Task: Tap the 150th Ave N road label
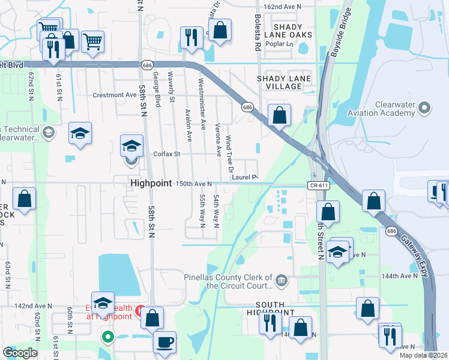click(194, 184)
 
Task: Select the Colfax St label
click(169, 154)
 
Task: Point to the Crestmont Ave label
click(114, 95)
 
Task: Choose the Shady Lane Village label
click(284, 83)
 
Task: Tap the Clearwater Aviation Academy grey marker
click(425, 109)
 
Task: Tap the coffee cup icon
click(165, 342)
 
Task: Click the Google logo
click(20, 353)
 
